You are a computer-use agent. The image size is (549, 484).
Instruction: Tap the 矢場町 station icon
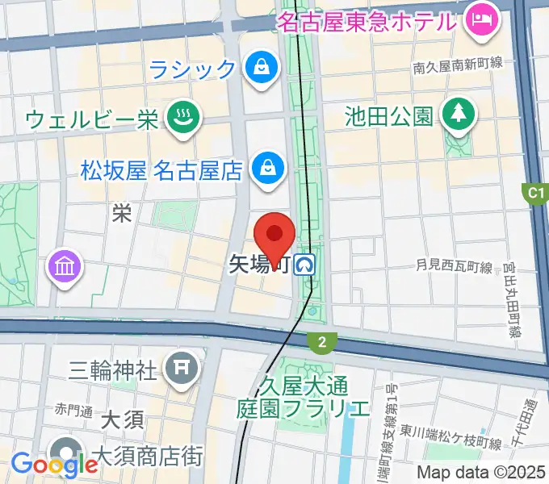305,264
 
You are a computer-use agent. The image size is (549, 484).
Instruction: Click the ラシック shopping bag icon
262,68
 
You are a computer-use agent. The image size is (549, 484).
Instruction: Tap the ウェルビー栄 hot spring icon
181,119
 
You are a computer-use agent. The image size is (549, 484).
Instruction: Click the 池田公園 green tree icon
459,116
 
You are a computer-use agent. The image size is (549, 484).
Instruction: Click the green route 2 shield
322,343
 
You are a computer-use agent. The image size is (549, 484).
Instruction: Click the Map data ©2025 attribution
481,472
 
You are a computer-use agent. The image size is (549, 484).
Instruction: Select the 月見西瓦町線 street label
454,265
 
